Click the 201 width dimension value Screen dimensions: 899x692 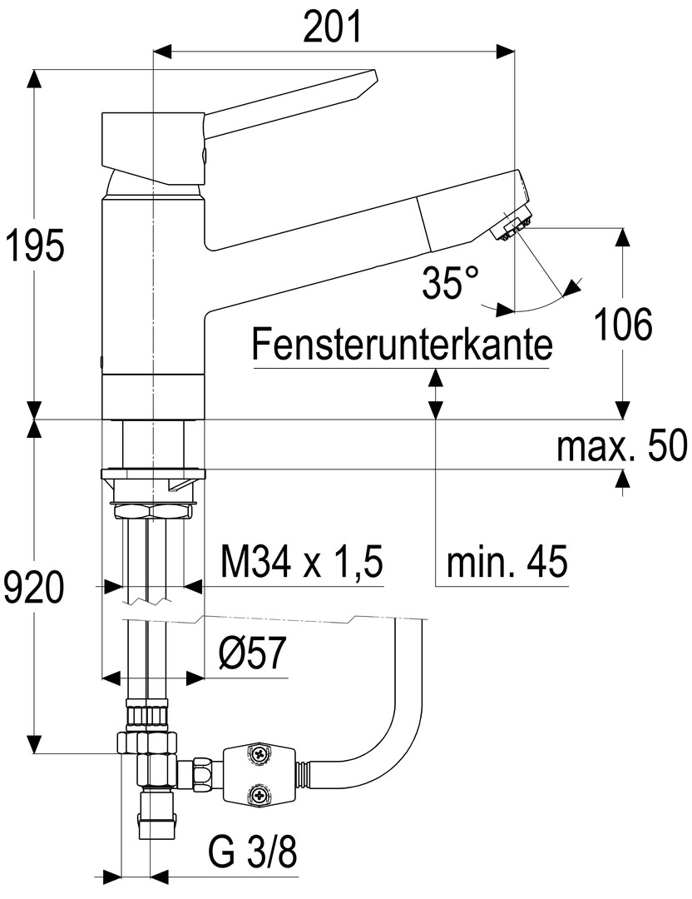pyautogui.click(x=333, y=27)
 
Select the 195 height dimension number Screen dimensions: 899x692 pyautogui.click(x=33, y=247)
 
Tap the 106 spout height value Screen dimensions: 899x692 pyautogui.click(x=624, y=325)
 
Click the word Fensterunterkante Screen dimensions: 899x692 pyautogui.click(x=403, y=344)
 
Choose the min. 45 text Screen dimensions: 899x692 pyautogui.click(x=507, y=564)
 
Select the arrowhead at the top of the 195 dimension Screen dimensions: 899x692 pyautogui.click(x=34, y=79)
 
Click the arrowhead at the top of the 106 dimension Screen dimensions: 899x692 pyautogui.click(x=623, y=236)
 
